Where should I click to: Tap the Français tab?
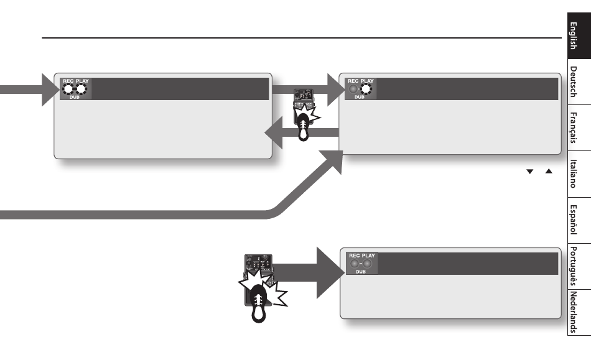[577, 129]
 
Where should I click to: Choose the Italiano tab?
[577, 175]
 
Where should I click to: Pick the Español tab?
[577, 220]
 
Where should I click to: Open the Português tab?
[577, 265]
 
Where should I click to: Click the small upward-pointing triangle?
[549, 171]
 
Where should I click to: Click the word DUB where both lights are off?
[361, 272]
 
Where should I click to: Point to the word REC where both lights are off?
[354, 256]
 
